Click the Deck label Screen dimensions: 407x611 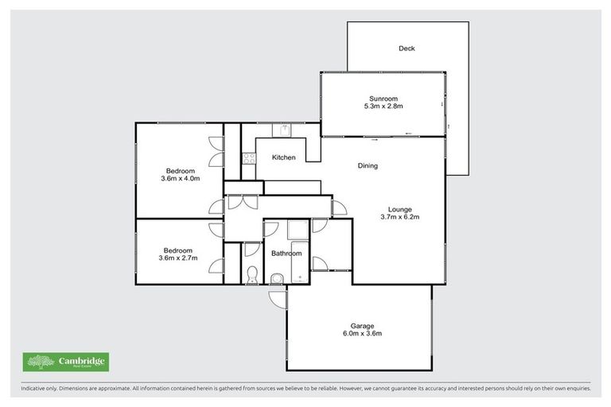point(407,48)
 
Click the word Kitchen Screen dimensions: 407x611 point(284,157)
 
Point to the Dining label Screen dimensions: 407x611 point(368,166)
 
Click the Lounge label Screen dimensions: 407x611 point(399,209)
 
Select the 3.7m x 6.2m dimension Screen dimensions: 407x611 point(399,217)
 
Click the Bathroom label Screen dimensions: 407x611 point(285,254)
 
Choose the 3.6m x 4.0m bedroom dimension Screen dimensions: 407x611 point(179,179)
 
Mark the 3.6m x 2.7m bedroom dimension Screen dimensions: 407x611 point(179,258)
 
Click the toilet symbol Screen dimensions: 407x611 point(252,274)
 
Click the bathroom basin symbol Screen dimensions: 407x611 point(275,278)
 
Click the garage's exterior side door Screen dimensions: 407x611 point(278,298)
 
